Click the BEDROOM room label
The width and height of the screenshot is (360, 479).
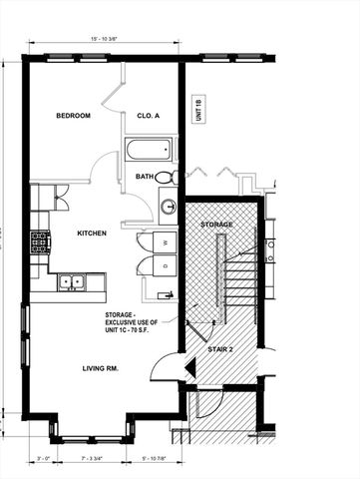[73, 116]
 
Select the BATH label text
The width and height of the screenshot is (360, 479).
[146, 177]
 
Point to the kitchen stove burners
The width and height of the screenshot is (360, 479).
[40, 242]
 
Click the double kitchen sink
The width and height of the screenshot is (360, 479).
[70, 282]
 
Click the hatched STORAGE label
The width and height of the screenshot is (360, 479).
[217, 225]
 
